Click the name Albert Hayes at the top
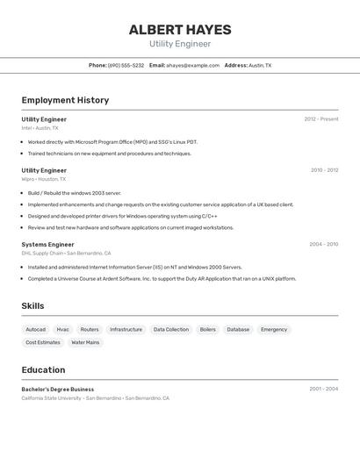click(180, 29)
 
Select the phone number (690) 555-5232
click(126, 65)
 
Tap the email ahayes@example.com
click(192, 65)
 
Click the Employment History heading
click(65, 100)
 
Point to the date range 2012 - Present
click(320, 119)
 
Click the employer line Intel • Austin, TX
click(40, 128)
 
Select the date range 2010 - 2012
click(324, 170)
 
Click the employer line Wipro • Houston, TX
click(44, 179)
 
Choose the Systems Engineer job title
click(47, 244)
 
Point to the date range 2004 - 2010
click(323, 244)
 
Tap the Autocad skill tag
click(36, 330)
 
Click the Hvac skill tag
click(63, 330)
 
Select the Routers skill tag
click(90, 330)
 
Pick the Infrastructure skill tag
click(126, 330)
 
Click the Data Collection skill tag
click(171, 330)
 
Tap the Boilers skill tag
click(208, 330)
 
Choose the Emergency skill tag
click(274, 330)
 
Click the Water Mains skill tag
click(85, 342)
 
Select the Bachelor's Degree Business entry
click(58, 389)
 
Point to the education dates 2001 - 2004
click(323, 389)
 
